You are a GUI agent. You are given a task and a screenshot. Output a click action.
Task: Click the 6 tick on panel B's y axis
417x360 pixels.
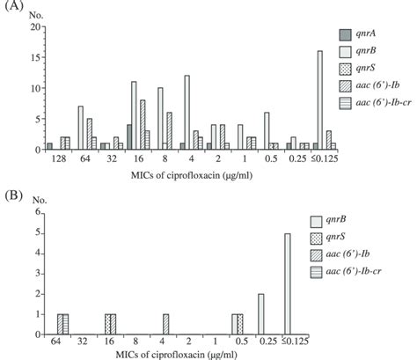click(37, 212)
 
